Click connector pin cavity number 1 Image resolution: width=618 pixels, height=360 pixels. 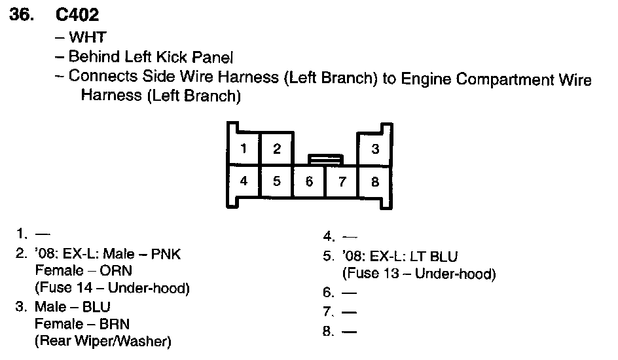(244, 149)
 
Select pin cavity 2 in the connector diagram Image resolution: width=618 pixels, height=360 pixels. (277, 149)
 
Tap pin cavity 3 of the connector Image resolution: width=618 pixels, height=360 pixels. (375, 149)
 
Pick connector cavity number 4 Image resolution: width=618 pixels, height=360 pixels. (244, 181)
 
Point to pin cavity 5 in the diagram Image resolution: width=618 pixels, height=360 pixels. (277, 181)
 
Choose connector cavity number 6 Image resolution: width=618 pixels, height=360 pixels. (310, 181)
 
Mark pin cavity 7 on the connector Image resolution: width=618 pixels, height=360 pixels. (342, 181)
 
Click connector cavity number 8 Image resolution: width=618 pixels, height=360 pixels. (375, 181)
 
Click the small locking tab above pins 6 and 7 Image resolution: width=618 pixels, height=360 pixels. (325, 158)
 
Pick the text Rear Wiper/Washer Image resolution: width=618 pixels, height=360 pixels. (103, 340)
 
